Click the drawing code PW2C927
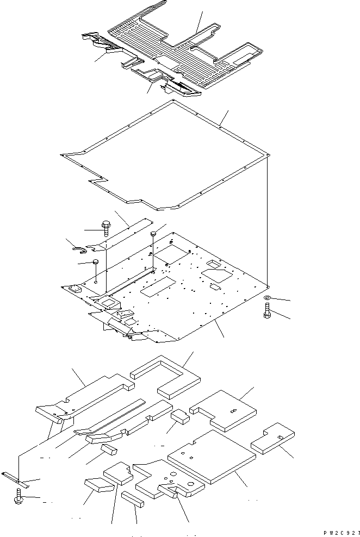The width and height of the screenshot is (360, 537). click(x=338, y=534)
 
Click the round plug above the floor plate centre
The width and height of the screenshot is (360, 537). click(x=153, y=234)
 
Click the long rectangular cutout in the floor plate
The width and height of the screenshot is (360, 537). click(x=158, y=289)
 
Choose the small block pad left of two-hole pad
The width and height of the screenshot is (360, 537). click(x=180, y=416)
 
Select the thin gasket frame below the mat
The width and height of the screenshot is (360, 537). click(x=163, y=158)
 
